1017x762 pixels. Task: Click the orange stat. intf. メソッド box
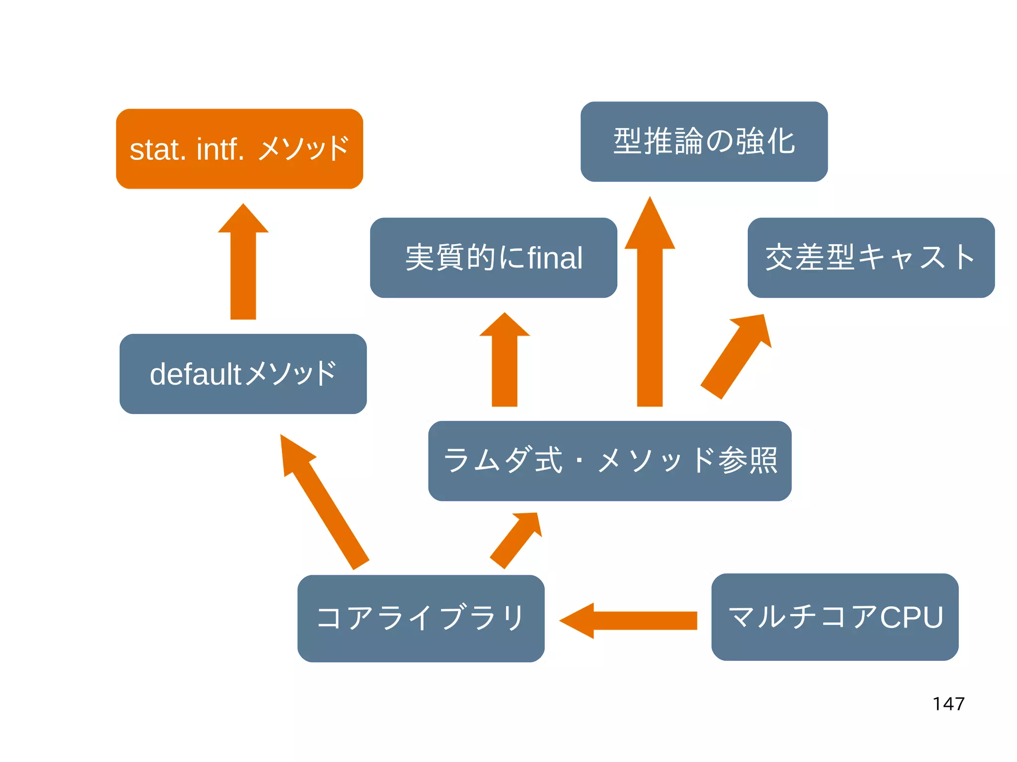[239, 149]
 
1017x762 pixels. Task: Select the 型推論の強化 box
[704, 142]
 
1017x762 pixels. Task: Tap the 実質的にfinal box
[494, 258]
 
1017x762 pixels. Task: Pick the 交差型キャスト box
[871, 258]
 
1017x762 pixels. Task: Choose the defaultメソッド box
[243, 374]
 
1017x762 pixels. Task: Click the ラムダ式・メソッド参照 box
[609, 461]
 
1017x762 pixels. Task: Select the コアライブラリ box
[421, 618]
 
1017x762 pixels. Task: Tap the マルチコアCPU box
[834, 617]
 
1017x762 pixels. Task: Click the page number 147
[948, 703]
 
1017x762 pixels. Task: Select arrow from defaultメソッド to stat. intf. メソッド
[243, 268]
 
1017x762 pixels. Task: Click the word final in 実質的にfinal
[555, 258]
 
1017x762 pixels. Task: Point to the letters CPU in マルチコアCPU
[911, 617]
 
